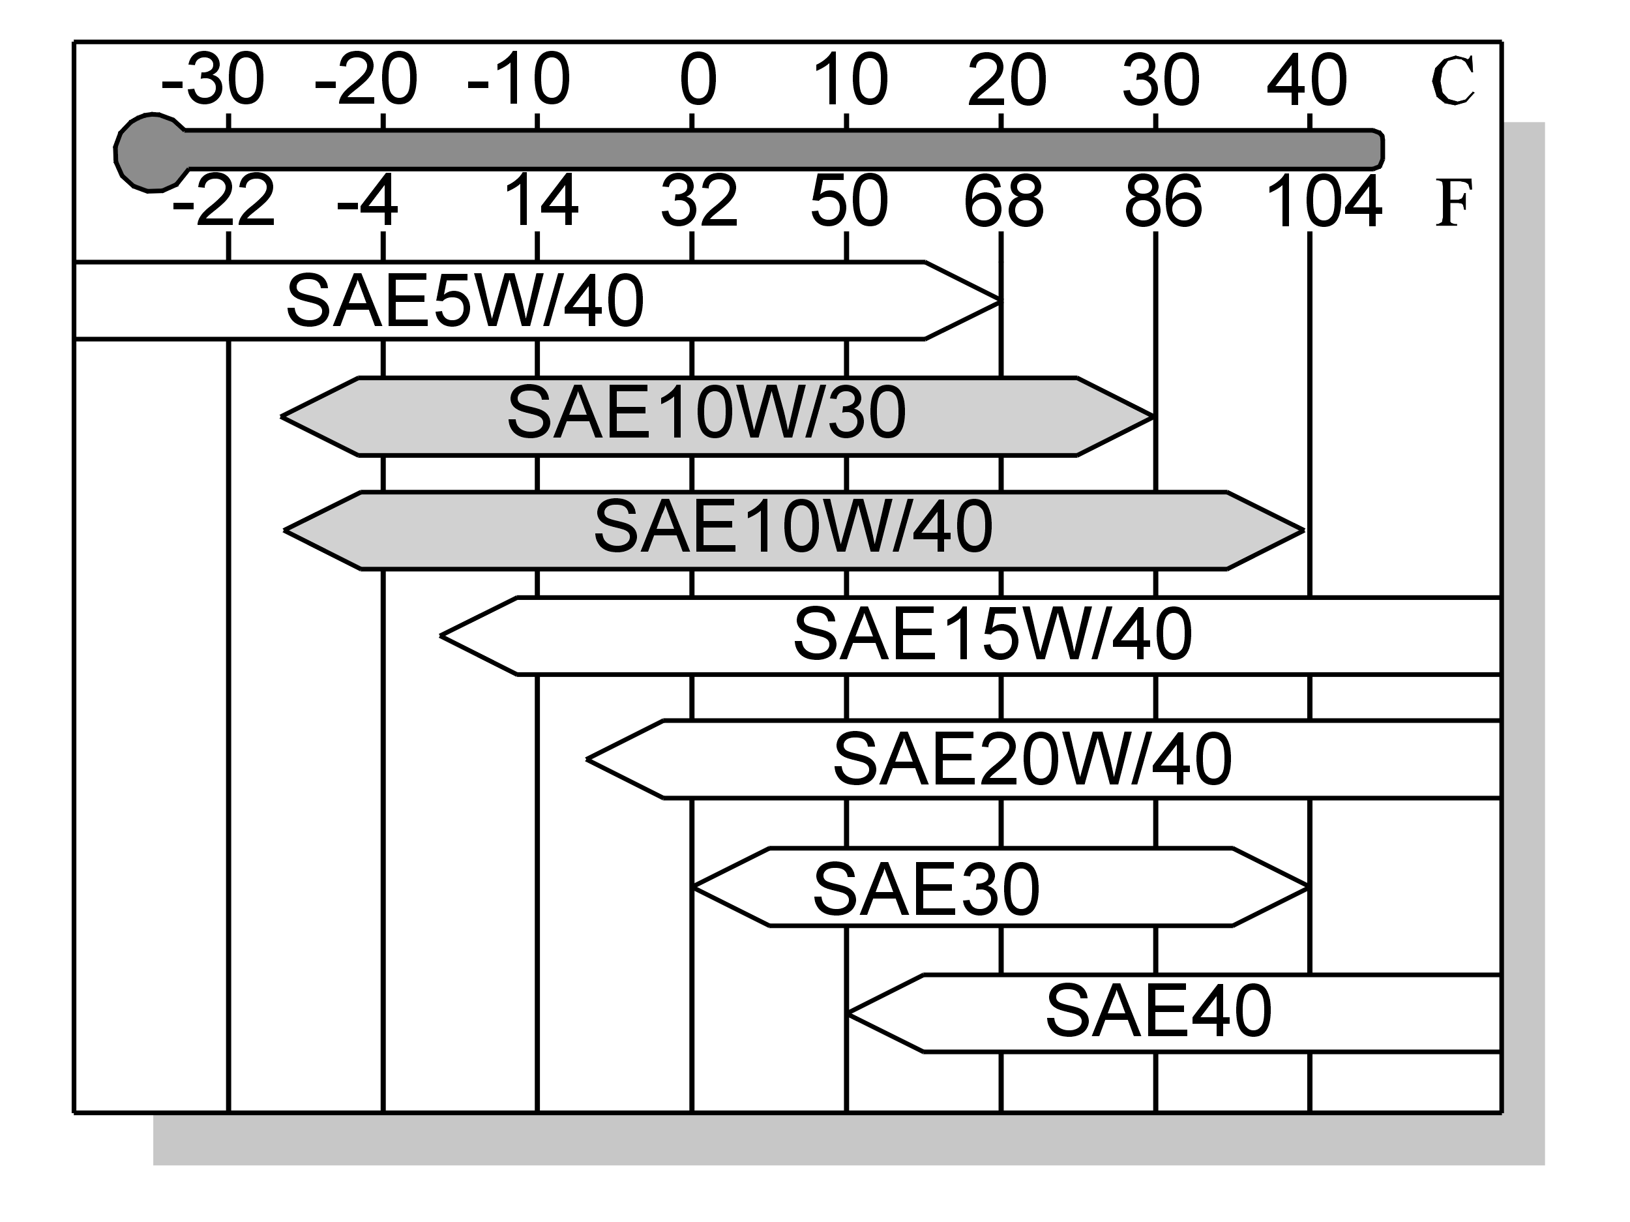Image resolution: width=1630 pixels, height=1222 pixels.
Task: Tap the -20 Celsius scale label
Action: point(366,79)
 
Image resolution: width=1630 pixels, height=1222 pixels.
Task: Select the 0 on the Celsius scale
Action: point(698,79)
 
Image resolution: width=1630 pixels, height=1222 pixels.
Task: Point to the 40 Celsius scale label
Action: point(1307,79)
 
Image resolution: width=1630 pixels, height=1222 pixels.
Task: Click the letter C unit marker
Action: point(1453,80)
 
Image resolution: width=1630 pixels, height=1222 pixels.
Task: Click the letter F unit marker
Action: point(1454,203)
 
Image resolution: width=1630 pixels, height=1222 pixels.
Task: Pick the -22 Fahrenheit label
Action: point(223,200)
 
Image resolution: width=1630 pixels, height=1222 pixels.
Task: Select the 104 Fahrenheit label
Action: point(1324,200)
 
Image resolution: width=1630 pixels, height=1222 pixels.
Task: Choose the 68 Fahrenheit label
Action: point(1003,200)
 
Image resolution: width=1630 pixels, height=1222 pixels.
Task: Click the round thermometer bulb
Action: point(151,153)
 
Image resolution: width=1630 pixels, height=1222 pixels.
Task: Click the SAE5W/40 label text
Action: point(465,301)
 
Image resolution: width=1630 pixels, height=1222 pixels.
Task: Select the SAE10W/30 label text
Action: point(707,413)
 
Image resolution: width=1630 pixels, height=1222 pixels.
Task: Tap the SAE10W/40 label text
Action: point(793,526)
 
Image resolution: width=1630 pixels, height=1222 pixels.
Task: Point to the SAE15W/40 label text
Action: point(992,634)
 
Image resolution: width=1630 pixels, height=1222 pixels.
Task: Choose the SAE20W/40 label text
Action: point(1032,759)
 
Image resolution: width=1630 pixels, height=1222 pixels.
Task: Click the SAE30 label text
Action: point(926,890)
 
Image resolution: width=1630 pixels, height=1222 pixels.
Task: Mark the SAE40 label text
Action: point(1159,1011)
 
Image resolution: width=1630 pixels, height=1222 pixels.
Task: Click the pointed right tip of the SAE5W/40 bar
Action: point(1000,301)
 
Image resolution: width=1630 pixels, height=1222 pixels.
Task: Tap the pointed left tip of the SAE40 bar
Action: point(848,1013)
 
